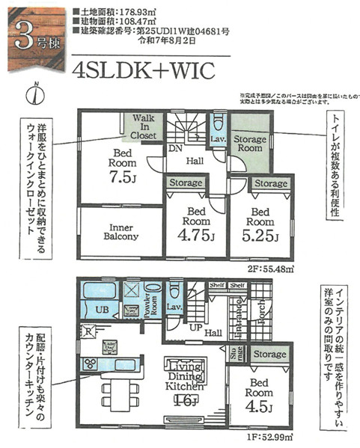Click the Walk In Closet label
point(145,128)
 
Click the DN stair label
point(176,149)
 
